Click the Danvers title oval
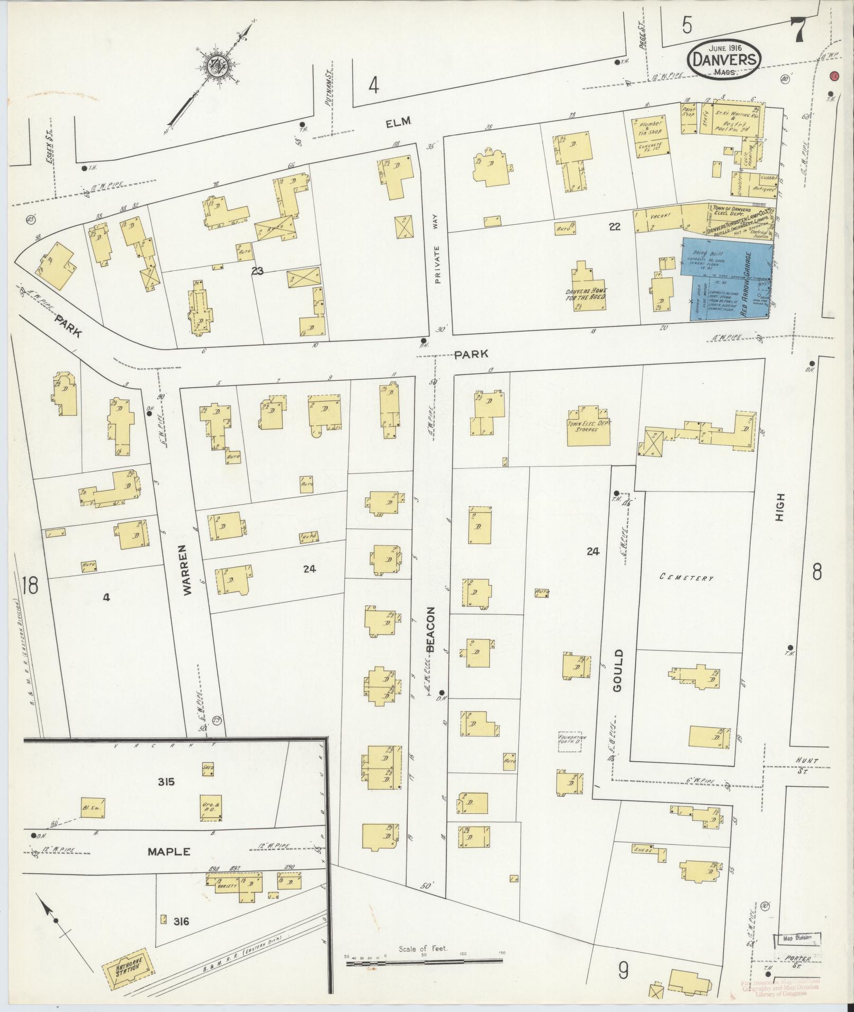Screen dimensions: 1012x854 point(725,60)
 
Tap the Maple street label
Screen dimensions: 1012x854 point(168,852)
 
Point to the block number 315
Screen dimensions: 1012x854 point(166,782)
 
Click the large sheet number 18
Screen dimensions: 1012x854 point(31,586)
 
